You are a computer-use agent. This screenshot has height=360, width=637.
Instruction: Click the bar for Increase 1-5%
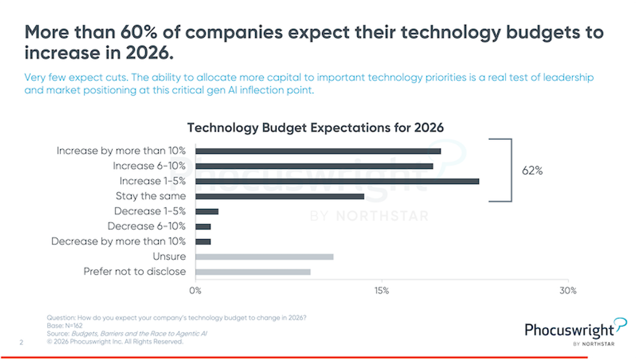337,181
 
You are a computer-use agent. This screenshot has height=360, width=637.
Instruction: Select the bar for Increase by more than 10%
318,150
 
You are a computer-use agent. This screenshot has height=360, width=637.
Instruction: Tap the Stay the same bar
279,196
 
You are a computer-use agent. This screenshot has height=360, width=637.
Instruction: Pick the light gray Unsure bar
264,257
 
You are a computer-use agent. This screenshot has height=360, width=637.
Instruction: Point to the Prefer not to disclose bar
253,272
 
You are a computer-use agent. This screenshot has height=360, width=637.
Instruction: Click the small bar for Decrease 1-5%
207,211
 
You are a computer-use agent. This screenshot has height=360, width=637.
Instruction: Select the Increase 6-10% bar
314,166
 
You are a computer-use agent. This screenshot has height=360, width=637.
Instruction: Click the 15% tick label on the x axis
381,290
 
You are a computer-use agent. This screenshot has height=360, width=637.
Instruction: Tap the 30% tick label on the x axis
567,290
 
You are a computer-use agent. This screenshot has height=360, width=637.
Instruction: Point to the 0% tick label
195,290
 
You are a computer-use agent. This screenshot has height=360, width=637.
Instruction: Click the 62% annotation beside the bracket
532,171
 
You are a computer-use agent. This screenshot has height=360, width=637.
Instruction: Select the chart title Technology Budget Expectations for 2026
315,127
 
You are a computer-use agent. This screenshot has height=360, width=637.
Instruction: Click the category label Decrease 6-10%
146,226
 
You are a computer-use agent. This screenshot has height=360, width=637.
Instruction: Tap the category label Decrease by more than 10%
118,241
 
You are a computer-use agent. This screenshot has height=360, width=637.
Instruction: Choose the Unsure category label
169,257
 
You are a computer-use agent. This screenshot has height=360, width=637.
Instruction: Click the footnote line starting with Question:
176,318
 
